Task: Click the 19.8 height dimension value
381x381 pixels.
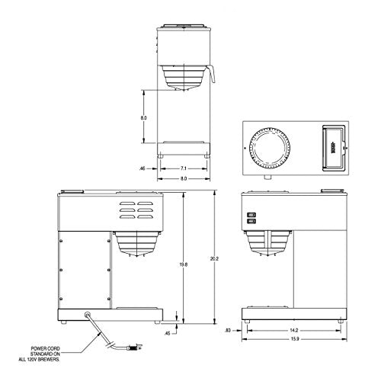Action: (203, 264)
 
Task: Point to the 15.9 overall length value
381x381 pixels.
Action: (294, 341)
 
